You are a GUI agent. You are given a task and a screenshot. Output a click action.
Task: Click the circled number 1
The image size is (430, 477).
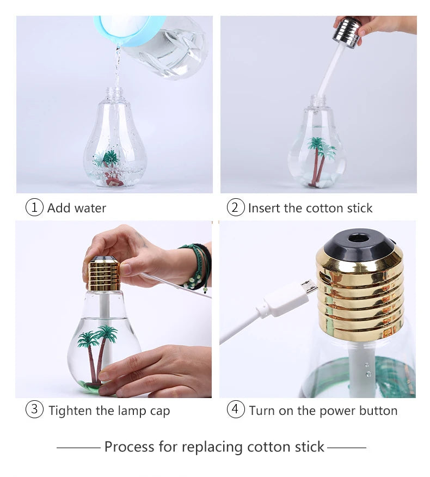point(34,207)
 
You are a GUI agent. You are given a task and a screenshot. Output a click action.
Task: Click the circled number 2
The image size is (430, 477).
point(235,207)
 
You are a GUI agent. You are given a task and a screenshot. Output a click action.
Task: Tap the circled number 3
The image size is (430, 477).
point(34,409)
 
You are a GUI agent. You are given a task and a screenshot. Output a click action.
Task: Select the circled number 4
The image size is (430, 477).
point(235,409)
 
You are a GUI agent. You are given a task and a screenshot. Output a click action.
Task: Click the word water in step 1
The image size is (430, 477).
point(89,208)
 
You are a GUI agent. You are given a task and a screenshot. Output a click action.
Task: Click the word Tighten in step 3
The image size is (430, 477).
point(70,411)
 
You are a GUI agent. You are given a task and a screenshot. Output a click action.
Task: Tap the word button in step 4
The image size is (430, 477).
point(377,411)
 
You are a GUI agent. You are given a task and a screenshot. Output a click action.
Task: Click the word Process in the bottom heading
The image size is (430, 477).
point(129,447)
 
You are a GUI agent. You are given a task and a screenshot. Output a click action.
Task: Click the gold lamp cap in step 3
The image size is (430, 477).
point(104,274)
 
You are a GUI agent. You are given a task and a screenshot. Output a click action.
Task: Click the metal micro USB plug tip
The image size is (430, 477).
point(308,288)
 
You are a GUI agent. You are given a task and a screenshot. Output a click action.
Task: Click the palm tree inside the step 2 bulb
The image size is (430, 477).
point(320,158)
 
